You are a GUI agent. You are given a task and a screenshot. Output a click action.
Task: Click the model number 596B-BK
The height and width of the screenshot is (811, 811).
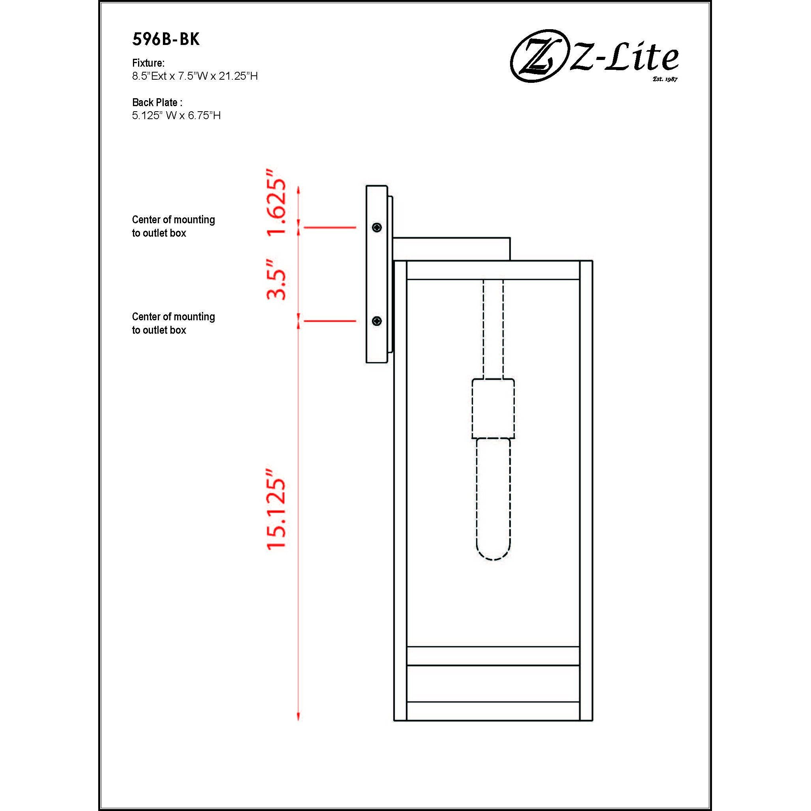[166, 39]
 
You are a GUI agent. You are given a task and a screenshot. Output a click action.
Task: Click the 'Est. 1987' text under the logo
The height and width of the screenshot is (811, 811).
[665, 79]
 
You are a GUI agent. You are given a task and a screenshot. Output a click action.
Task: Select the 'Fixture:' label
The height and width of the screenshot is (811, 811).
[148, 63]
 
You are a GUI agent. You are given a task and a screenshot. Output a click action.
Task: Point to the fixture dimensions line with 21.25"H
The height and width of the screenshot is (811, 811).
[195, 76]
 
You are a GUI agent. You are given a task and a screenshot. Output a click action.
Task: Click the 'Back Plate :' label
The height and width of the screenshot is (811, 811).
[157, 103]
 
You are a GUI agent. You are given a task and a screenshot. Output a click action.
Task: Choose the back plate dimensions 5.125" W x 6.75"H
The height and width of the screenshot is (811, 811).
[176, 116]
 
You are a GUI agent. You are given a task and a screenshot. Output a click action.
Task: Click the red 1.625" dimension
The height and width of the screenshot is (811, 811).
[276, 202]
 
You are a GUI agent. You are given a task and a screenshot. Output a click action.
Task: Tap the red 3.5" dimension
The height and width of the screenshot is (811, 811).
[276, 279]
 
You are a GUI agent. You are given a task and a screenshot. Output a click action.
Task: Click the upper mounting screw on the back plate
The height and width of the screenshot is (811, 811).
[377, 228]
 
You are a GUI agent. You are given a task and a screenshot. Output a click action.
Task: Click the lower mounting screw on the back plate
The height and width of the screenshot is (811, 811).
[377, 321]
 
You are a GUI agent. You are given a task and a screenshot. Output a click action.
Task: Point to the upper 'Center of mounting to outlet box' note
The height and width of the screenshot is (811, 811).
[174, 226]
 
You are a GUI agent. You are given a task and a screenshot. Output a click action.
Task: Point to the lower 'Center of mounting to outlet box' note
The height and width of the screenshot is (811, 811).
[174, 323]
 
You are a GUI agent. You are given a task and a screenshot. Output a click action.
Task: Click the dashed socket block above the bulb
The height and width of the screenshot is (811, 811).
[493, 408]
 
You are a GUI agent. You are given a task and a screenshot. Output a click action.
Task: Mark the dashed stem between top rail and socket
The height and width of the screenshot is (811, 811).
[493, 329]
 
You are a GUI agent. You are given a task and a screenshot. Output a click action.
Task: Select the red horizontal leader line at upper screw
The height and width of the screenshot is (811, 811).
[330, 228]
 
